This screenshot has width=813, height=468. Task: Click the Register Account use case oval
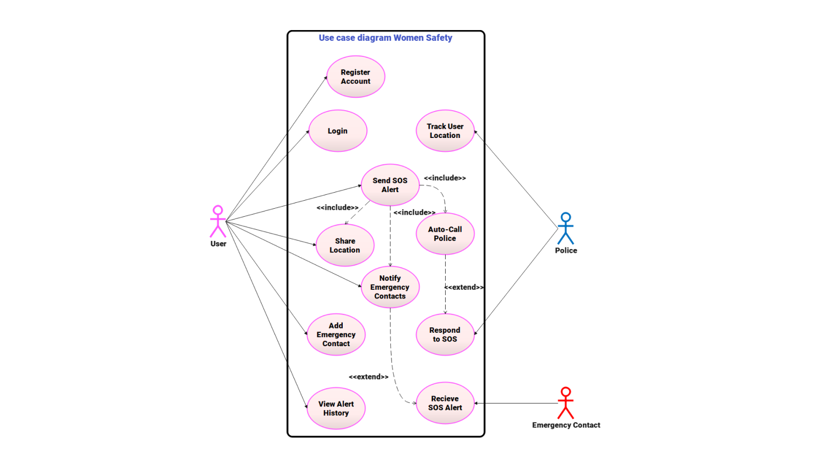tap(356, 77)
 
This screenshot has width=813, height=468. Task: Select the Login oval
tap(338, 131)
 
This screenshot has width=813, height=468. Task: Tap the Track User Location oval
tap(445, 131)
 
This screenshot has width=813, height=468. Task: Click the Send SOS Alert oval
tap(390, 185)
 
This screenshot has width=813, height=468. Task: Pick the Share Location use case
tap(345, 245)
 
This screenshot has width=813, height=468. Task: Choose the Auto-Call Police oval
tap(445, 233)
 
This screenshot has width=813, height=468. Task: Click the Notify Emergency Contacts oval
tap(390, 287)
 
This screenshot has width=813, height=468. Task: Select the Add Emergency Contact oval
tap(336, 334)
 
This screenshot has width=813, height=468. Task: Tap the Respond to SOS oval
tap(445, 334)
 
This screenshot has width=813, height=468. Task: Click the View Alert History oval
tap(336, 408)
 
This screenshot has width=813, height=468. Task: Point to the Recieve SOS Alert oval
tap(445, 403)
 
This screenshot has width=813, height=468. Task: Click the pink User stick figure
tap(218, 221)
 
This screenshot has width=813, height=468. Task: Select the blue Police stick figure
tap(566, 229)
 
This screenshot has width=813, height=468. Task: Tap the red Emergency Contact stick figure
tap(566, 403)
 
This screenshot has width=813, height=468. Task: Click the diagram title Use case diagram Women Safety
tap(385, 38)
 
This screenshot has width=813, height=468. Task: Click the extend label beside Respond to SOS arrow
tap(464, 287)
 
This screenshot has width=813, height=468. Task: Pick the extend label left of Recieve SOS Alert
tap(368, 377)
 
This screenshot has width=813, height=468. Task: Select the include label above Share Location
tap(337, 208)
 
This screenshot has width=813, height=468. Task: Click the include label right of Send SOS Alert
tap(445, 178)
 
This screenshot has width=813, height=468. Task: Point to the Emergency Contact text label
tap(566, 425)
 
